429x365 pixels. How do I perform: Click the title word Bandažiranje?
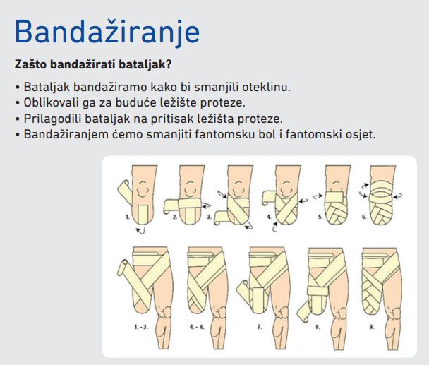pos(107,32)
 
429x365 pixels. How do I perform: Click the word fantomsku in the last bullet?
pos(224,134)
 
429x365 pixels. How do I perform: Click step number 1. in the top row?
pos(128,217)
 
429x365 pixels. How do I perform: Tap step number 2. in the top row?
pos(175,217)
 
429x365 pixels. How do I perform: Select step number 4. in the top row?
pos(270,217)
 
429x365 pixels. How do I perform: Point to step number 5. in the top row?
pos(320,217)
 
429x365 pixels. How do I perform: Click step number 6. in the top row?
pos(364,217)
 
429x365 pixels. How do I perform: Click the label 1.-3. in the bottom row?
pos(141,327)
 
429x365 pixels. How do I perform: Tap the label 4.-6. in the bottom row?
pos(198,327)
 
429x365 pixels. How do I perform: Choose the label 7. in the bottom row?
pos(260,327)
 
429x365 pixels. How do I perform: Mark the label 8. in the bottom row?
pos(318,327)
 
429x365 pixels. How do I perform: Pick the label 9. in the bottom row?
pos(372,327)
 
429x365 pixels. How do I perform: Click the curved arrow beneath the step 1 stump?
pos(141,232)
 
